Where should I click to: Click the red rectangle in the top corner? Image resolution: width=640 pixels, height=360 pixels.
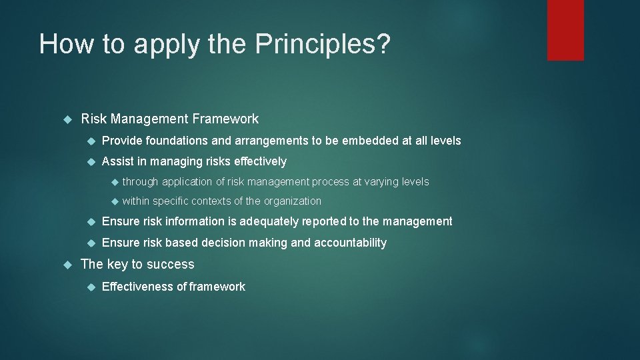coord(565,30)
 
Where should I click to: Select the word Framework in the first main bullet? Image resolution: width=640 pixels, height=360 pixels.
coord(225,119)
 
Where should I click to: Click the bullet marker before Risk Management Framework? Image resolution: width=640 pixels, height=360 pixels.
coord(66,119)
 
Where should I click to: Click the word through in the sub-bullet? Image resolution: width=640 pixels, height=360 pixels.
coord(140,181)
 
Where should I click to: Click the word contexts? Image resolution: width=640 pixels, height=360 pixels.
coord(211,201)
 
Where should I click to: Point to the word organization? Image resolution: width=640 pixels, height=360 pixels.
coord(293,201)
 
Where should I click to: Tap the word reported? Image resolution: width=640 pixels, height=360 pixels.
coord(335,221)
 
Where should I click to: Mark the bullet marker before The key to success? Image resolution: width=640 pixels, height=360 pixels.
coord(66,265)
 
